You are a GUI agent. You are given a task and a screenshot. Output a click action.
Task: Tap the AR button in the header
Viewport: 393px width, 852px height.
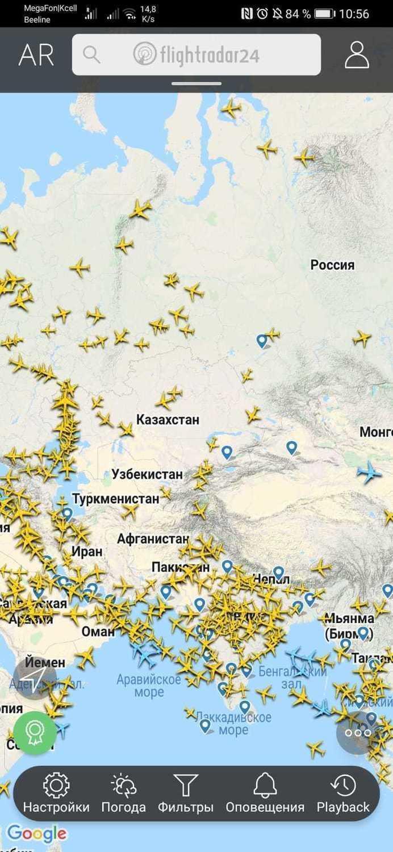36,55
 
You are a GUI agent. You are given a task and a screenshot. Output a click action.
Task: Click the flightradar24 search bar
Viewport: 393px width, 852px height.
196,55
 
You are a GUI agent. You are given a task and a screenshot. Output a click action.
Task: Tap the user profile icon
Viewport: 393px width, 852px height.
357,55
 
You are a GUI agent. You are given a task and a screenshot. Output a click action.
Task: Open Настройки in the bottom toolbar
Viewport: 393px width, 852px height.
56,793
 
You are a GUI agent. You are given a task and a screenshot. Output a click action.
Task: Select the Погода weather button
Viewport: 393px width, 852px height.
123,793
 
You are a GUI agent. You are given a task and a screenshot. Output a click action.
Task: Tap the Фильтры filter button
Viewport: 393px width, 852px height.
185,793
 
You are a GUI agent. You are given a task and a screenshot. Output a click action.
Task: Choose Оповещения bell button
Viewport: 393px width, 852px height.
265,793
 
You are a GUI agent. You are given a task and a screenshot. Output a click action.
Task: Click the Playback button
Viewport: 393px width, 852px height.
343,793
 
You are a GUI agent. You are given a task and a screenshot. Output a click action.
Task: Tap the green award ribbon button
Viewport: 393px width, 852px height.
35,733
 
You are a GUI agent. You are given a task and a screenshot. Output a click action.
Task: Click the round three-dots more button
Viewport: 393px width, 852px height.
358,733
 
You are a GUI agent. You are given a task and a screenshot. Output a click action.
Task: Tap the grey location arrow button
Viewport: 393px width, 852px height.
35,678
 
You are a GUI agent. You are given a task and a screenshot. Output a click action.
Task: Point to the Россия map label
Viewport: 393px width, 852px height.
332,265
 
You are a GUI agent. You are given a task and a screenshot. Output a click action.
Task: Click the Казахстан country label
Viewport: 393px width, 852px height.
168,420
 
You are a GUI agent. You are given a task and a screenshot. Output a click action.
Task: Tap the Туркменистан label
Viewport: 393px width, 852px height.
115,499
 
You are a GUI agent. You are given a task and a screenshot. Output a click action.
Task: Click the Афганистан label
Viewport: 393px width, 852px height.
153,538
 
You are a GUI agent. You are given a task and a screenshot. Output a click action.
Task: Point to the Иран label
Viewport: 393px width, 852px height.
87,551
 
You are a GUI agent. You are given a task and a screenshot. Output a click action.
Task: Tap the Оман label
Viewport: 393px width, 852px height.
98,631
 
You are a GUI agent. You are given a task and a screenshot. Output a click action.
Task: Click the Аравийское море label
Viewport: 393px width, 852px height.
149,686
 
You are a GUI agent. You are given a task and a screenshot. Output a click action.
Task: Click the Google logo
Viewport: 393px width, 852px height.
36,834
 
